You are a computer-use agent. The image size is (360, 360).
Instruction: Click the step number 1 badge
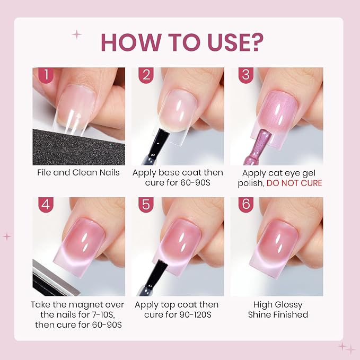[46, 75]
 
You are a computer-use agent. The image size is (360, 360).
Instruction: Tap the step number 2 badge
[146, 75]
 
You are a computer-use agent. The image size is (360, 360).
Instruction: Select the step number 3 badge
[246, 75]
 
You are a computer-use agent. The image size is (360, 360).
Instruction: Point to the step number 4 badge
[46, 205]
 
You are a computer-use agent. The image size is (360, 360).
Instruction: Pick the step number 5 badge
[146, 205]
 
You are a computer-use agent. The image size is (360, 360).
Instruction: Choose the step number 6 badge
[246, 205]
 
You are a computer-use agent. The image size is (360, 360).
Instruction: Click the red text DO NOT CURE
[294, 183]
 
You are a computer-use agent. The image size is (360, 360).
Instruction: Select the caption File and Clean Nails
[78, 173]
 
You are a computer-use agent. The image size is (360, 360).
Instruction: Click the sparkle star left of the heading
[77, 34]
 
